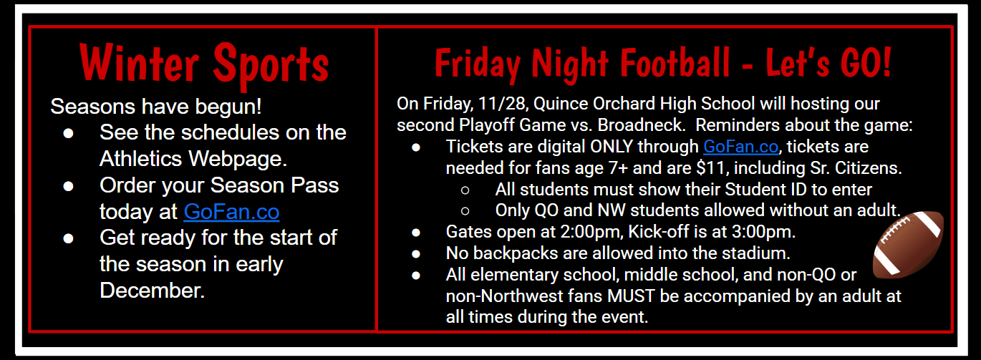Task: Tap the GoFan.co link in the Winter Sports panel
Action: [231, 212]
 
